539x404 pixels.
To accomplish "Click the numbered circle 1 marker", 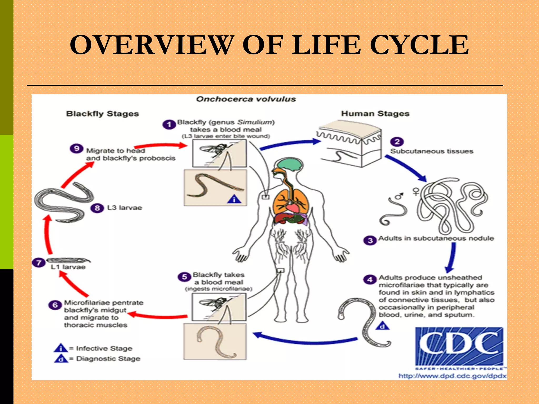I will tap(169, 124).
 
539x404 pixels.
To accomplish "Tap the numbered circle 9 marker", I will tap(76, 149).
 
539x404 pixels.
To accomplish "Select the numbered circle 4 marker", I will tap(370, 279).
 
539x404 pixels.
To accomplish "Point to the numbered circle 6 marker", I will tap(55, 305).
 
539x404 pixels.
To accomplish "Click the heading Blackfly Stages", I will tap(102, 114).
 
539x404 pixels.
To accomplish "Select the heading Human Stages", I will tap(375, 113).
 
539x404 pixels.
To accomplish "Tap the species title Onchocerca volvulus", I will tap(246, 99).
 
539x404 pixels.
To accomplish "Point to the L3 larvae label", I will tap(124, 208).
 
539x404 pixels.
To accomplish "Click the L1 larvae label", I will tap(68, 267).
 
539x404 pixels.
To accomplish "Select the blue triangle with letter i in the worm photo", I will tap(234, 200).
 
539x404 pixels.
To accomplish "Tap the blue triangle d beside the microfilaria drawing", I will tap(382, 326).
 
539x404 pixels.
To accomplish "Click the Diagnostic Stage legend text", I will tap(108, 359).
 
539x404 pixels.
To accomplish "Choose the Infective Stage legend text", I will tap(104, 349).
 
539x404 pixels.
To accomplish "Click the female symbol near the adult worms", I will tap(416, 191).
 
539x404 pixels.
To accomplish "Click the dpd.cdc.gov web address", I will tap(452, 376).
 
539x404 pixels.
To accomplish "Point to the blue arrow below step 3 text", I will tap(452, 258).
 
